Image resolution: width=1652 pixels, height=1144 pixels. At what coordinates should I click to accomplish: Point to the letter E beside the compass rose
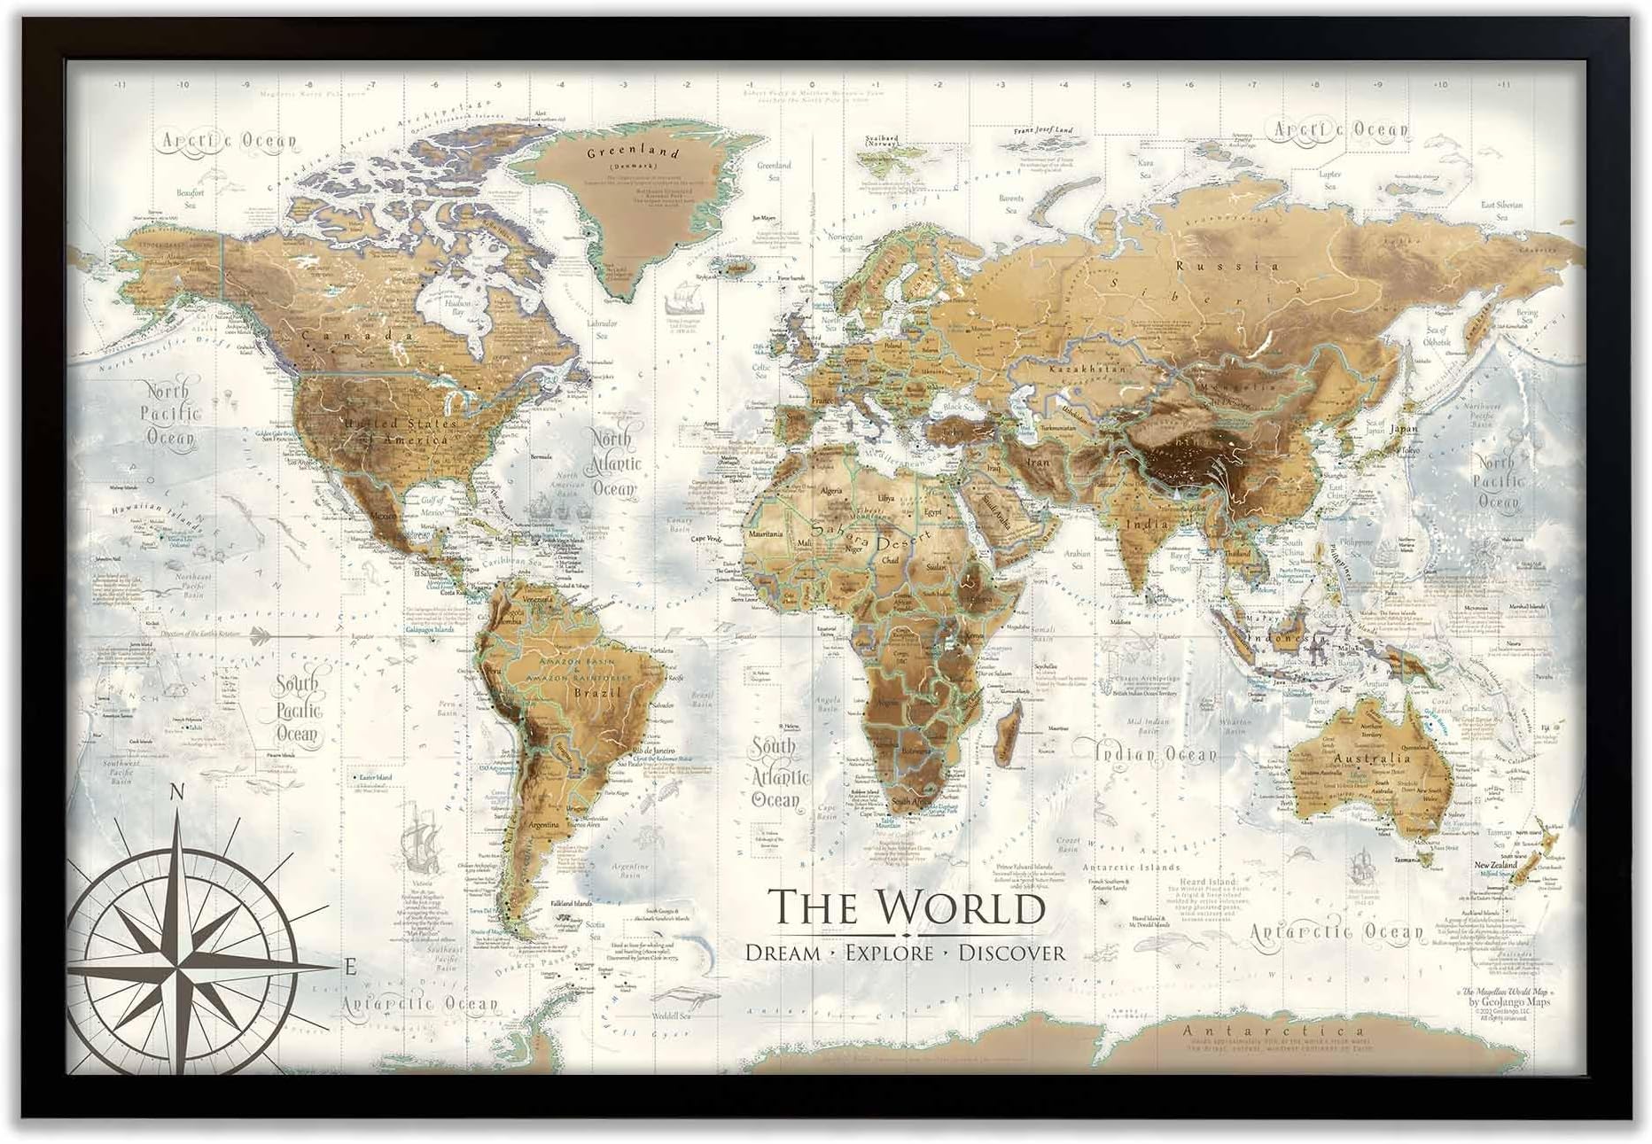[351, 968]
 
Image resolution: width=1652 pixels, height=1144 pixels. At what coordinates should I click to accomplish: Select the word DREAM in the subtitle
[783, 953]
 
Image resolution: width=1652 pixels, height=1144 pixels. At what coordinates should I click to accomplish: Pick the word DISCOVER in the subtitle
[1012, 953]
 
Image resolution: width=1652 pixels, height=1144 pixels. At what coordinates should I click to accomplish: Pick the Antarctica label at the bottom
[1263, 1031]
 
